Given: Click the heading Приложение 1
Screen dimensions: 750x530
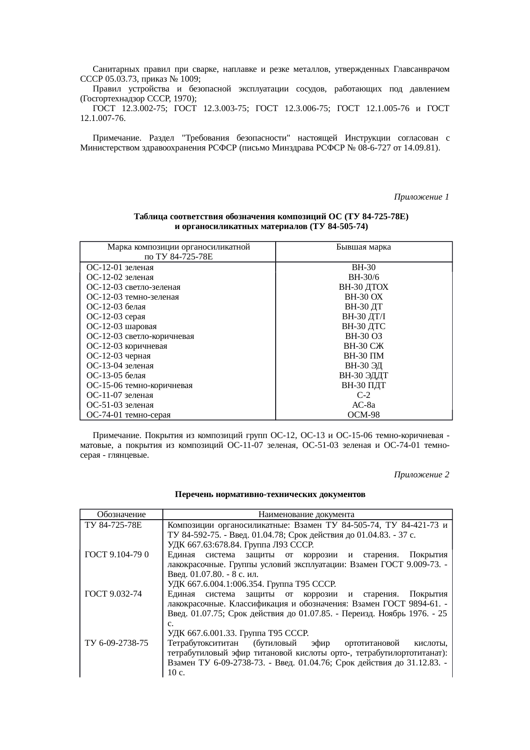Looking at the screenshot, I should pos(421,197).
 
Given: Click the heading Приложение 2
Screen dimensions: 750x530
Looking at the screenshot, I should pos(421,475).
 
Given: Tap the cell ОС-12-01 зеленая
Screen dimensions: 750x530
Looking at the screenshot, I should pos(120,268).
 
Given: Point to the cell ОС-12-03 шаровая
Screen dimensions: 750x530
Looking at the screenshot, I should pos(121,326).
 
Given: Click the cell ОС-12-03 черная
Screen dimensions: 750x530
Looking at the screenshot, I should pos(118,356).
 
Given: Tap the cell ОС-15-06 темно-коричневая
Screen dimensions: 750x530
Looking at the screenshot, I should pos(139,385).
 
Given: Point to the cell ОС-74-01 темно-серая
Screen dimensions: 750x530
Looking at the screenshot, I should pos(128,415).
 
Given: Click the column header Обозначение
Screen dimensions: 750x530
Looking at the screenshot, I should pos(121,515).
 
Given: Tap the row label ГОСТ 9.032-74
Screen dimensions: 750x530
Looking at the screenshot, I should pos(113,594).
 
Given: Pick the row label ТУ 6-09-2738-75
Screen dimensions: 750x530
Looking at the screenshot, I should pos(117,643).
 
